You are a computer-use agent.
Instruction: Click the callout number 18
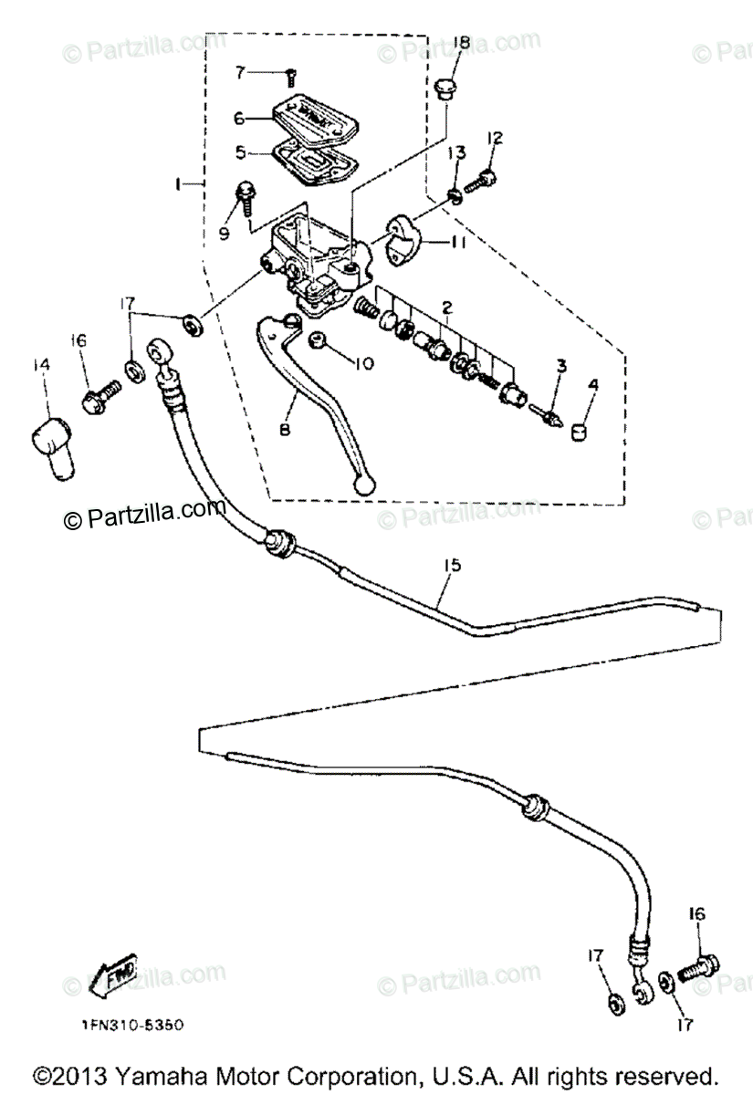tap(460, 43)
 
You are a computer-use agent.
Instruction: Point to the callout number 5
tap(241, 152)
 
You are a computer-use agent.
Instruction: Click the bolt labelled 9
tap(246, 194)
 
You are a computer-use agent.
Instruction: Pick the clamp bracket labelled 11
tap(401, 236)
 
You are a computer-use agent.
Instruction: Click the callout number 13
tap(456, 151)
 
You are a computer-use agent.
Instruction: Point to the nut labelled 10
tap(320, 341)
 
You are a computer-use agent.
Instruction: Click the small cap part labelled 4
tap(578, 429)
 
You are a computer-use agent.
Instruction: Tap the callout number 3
tap(562, 366)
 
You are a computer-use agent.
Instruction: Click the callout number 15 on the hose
tap(451, 566)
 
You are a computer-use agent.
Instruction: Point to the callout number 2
tap(447, 309)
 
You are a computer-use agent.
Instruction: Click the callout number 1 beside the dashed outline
tap(179, 184)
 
